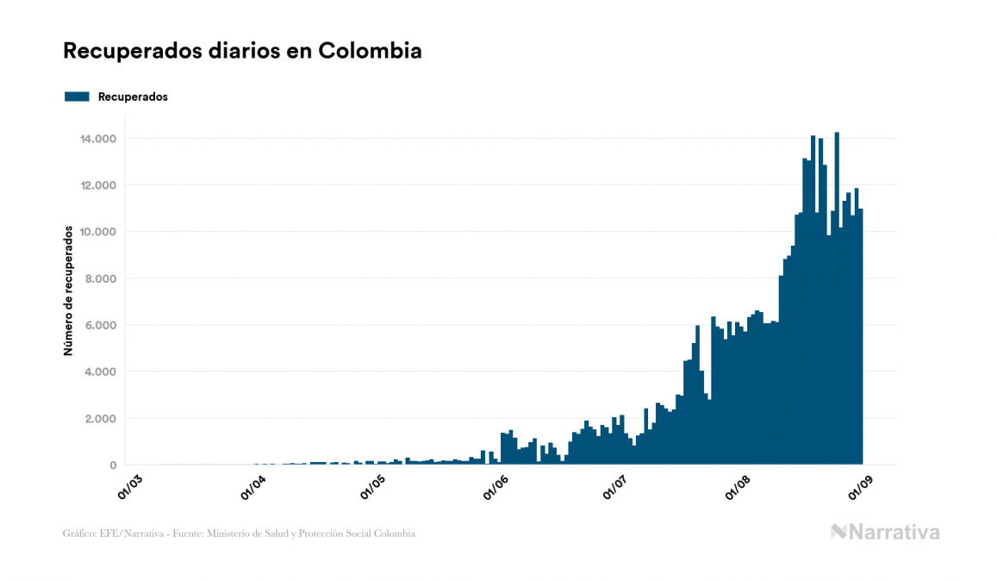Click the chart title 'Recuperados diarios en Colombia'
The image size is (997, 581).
[242, 51]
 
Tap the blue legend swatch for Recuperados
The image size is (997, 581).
[77, 97]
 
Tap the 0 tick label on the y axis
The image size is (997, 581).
[113, 465]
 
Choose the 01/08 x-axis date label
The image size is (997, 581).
[739, 486]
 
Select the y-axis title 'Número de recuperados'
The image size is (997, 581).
[67, 290]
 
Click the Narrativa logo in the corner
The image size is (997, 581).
[885, 532]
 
